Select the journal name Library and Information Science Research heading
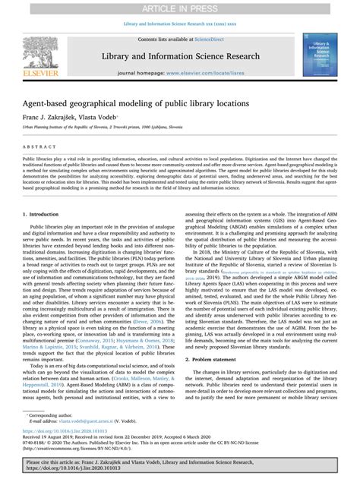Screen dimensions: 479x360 pos(180,58)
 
